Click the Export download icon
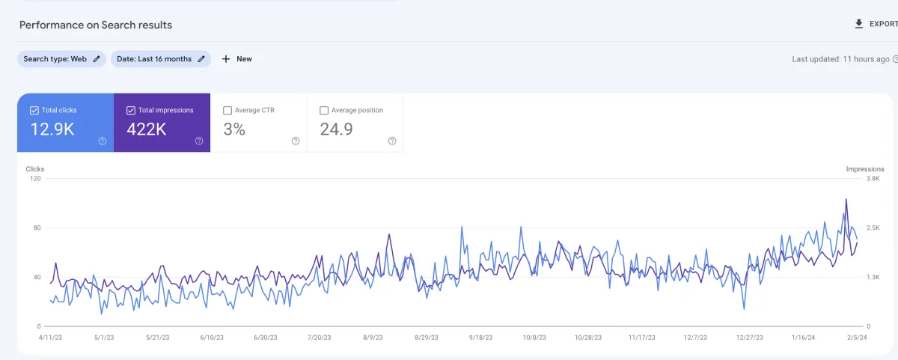tap(859, 24)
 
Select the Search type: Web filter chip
tap(61, 59)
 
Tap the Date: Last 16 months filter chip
tap(160, 59)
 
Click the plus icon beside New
tap(226, 59)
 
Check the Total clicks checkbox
tap(34, 110)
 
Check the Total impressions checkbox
tap(130, 110)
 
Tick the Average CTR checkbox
tap(227, 110)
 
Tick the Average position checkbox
tap(324, 110)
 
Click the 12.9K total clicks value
tap(52, 129)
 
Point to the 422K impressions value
tap(146, 129)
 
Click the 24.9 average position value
tap(337, 129)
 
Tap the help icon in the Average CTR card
tap(296, 141)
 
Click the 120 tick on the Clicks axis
tap(35, 179)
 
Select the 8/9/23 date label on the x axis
tap(373, 338)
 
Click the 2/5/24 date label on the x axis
tap(857, 338)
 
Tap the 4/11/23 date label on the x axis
tap(49, 338)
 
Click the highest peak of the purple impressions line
tap(846, 199)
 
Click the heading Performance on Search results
tap(96, 25)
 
